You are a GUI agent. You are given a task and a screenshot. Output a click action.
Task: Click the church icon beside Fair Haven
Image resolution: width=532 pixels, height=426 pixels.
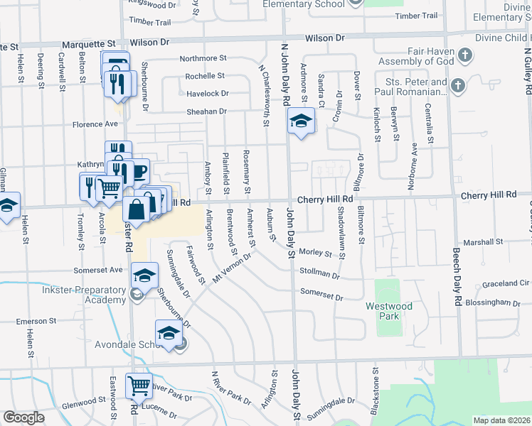click(465, 55)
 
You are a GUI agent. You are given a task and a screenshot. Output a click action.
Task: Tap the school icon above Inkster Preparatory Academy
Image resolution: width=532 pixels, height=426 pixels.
click(144, 275)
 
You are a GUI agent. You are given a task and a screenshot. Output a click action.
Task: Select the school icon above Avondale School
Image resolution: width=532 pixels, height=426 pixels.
click(169, 332)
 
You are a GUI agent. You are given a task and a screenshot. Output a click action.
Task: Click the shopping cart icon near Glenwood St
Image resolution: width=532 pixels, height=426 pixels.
click(139, 386)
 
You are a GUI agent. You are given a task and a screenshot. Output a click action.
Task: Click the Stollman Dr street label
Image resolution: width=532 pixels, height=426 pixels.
click(321, 273)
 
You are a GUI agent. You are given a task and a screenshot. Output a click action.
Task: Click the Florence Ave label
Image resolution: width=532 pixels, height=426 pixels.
click(95, 124)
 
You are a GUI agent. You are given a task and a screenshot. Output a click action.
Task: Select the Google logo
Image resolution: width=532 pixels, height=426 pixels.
click(23, 417)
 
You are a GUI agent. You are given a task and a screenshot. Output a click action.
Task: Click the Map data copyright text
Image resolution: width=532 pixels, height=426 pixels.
click(501, 420)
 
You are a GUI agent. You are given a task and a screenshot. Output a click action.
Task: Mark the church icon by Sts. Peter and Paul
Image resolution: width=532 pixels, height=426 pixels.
click(459, 86)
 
